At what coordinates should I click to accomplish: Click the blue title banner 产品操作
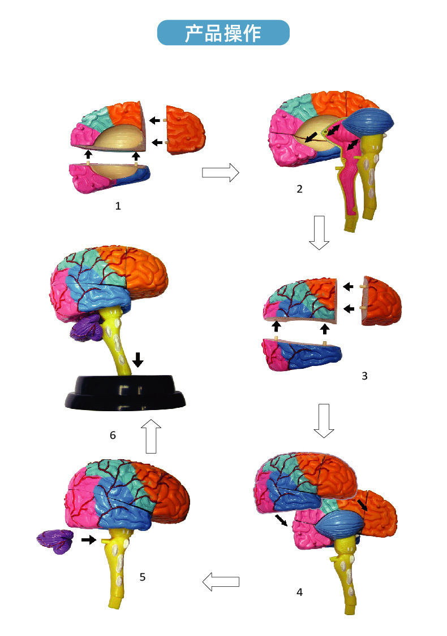coord(223,33)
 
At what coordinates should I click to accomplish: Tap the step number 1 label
coord(118,206)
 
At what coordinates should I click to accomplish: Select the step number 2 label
coord(299,189)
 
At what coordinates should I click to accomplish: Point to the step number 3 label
coord(364,375)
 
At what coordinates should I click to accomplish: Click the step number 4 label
coord(299,592)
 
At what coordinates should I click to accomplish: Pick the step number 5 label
coord(143,577)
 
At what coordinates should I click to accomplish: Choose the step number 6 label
coord(113,435)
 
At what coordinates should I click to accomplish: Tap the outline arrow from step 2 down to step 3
coord(319,232)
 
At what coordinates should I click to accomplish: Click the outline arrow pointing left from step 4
coord(221,581)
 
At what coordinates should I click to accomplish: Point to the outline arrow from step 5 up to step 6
coord(151,436)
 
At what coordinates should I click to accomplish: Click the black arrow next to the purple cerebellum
coord(88,540)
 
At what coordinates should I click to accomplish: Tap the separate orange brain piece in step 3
coord(382,303)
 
